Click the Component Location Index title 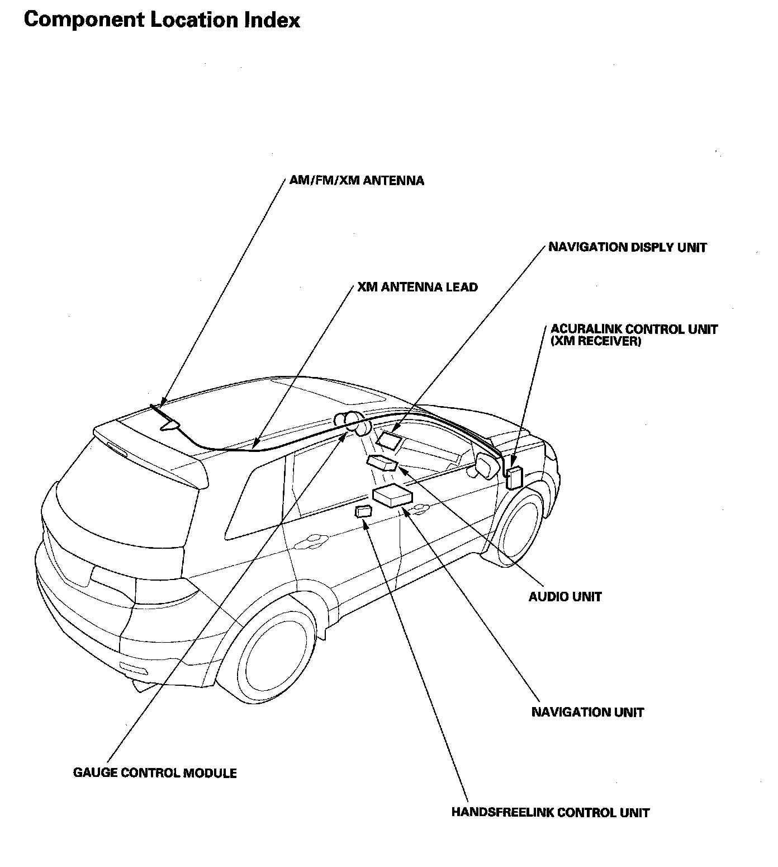(x=162, y=20)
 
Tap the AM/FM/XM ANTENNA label (x=357, y=181)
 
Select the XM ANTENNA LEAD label (x=418, y=288)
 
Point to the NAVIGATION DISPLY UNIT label (x=627, y=247)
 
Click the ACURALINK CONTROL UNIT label (x=634, y=329)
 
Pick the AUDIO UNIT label (x=565, y=597)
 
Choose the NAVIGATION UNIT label (x=587, y=713)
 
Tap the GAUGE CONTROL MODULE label (x=155, y=773)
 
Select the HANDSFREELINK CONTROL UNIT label (x=550, y=813)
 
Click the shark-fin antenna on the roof (x=170, y=426)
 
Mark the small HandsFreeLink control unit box (x=363, y=511)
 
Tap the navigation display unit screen (x=388, y=439)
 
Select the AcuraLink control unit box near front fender (x=514, y=477)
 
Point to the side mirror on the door (x=484, y=465)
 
